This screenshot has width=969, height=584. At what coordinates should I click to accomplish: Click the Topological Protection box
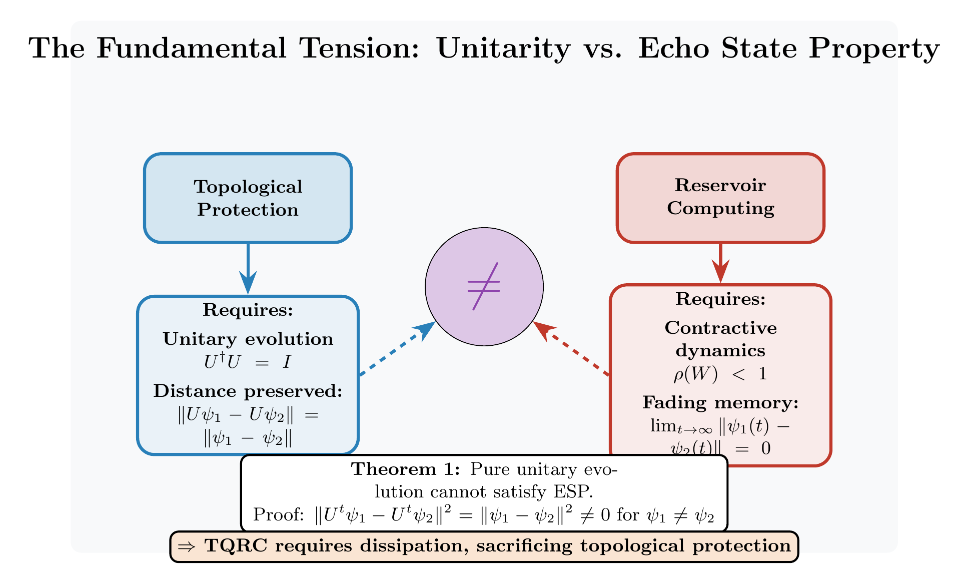(x=248, y=198)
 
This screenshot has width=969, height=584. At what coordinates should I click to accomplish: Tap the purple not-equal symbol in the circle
(x=484, y=286)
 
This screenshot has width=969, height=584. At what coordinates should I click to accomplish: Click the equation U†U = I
(x=248, y=362)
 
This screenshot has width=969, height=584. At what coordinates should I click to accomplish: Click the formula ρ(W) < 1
(x=720, y=374)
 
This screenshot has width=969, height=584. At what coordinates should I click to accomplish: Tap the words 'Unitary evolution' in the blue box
(x=248, y=339)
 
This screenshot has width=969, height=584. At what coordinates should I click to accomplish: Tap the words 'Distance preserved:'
(x=248, y=391)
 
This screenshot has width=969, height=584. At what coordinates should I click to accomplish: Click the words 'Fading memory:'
(x=720, y=402)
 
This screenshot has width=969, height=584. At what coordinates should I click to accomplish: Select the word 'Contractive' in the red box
(x=720, y=328)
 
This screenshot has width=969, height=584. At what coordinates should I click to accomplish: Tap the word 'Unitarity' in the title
(x=503, y=49)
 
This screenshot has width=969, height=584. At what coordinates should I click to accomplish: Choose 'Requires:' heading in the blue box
(x=248, y=310)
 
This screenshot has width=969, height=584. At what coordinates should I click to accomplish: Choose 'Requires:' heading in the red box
(x=720, y=299)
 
